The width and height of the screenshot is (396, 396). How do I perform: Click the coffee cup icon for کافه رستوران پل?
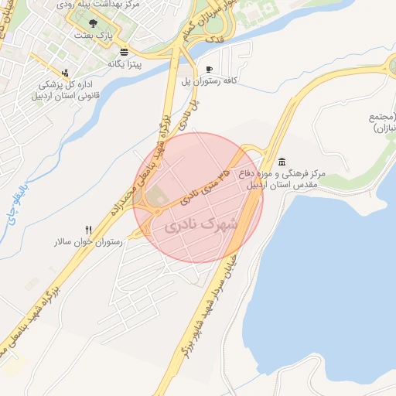coord(210,69)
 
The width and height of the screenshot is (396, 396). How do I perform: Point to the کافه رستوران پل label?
coord(208,80)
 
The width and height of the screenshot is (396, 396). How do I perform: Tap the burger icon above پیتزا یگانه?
coord(125,52)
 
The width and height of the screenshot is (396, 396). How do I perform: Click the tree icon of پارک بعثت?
coord(94,24)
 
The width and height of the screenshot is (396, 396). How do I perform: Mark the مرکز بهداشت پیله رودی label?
coord(102,5)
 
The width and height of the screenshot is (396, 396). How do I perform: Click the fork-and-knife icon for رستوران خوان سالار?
coord(89,230)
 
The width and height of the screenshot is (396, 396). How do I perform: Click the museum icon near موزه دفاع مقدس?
coord(281,162)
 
